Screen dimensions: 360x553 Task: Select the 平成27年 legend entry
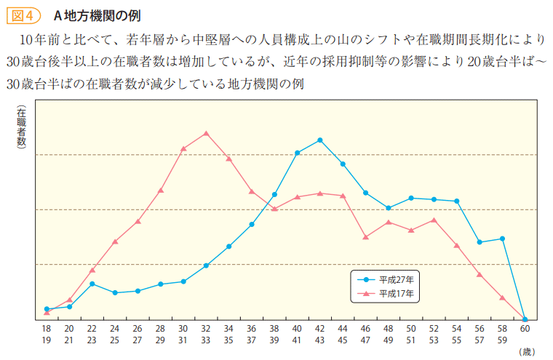(x=389, y=279)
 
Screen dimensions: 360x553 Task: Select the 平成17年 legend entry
(x=389, y=294)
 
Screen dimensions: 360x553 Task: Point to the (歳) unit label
(x=525, y=351)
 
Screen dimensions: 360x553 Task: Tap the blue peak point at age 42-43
(x=320, y=140)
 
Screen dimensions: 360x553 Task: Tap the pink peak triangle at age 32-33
(x=207, y=133)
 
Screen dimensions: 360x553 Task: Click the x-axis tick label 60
(x=525, y=329)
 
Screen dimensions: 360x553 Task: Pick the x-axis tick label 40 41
(x=298, y=334)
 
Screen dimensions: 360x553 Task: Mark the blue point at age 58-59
(x=502, y=239)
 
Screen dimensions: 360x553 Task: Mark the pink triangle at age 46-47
(x=366, y=236)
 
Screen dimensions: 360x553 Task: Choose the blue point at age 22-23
(x=92, y=284)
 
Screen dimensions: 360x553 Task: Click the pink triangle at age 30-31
(x=183, y=148)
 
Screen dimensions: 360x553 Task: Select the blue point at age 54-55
(x=457, y=201)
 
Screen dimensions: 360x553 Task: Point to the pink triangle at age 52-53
(x=434, y=219)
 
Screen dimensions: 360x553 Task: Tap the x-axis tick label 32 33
(x=207, y=334)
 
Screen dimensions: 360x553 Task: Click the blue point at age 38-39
(x=274, y=195)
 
